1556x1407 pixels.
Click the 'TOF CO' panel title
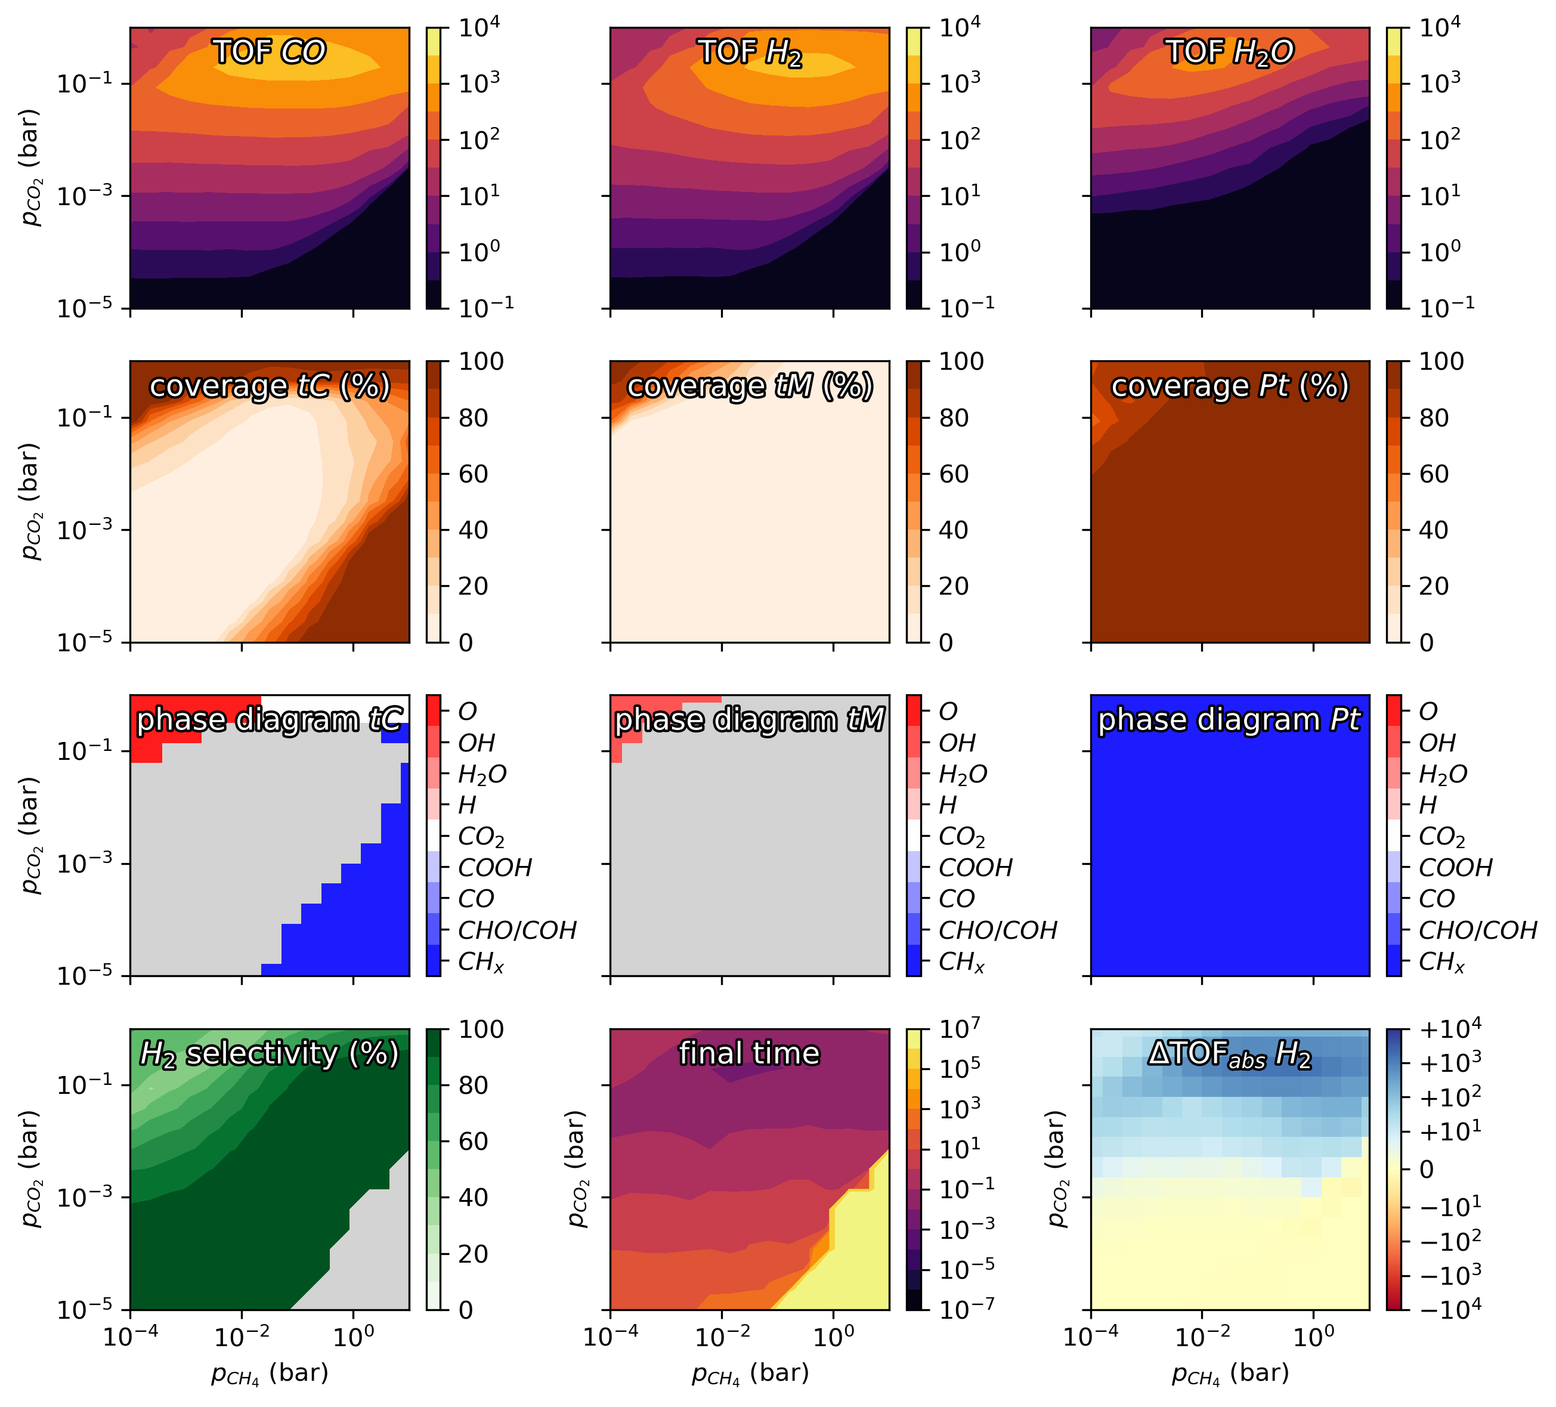[270, 52]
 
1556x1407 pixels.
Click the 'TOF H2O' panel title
[1230, 52]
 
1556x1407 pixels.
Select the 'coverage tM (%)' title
[750, 386]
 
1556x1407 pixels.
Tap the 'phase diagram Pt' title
[1230, 719]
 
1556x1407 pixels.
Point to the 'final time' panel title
[750, 1053]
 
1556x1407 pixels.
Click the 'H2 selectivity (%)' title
[270, 1053]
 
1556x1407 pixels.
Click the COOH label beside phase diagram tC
[495, 867]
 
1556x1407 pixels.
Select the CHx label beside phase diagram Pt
[1441, 961]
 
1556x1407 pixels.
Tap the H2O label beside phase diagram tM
[963, 774]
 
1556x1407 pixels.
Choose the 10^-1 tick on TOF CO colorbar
[485, 305]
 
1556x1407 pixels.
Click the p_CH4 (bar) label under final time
[750, 1373]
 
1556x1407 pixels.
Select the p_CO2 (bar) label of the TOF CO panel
[31, 168]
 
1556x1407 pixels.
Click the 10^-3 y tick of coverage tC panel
[81, 530]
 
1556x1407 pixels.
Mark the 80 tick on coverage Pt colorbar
[1434, 418]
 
